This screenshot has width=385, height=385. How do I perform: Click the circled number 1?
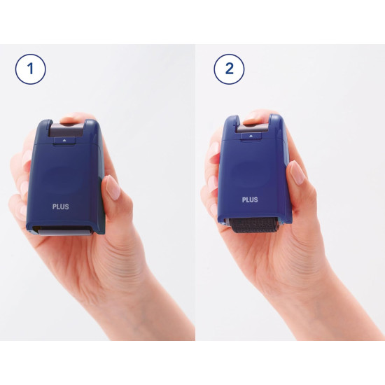(x=30, y=69)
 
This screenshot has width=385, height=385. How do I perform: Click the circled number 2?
(x=229, y=69)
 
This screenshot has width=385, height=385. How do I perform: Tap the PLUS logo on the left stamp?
(x=61, y=206)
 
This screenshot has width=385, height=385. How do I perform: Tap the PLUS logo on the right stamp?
(x=250, y=199)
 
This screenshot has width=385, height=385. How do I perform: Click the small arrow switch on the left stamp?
(x=64, y=141)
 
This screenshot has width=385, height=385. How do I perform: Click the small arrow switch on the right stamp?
(x=251, y=136)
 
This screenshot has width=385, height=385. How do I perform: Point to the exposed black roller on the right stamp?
(x=254, y=225)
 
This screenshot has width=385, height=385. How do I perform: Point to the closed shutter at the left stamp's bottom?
(x=63, y=230)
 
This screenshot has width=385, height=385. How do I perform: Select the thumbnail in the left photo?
(x=113, y=187)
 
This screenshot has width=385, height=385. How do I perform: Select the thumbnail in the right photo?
(x=297, y=173)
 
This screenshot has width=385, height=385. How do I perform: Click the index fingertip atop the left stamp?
(x=72, y=118)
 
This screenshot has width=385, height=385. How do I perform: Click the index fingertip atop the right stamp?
(x=255, y=117)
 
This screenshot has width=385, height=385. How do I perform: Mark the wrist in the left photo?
(x=150, y=314)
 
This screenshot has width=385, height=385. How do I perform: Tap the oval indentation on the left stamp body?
(x=64, y=177)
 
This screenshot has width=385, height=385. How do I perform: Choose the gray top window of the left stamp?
(x=66, y=130)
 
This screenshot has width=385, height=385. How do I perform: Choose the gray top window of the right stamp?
(x=252, y=128)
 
